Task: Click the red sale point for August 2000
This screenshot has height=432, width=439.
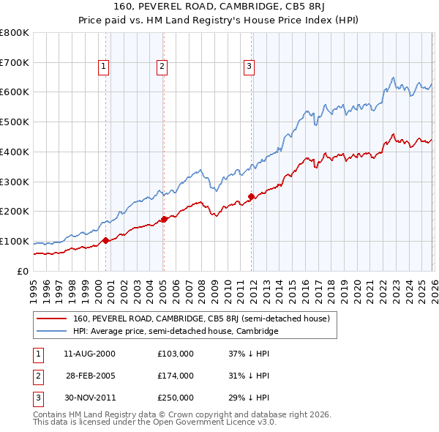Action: coord(105,240)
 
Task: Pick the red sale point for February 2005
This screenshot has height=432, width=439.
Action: coord(164,219)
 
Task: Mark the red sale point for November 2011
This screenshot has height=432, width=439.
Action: coord(251,196)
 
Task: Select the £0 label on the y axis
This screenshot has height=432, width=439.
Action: coord(22,271)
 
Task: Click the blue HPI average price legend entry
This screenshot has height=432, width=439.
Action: coord(176,332)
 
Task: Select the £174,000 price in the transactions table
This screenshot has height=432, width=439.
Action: coord(176,376)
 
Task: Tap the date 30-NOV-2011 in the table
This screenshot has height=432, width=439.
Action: coord(90,398)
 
